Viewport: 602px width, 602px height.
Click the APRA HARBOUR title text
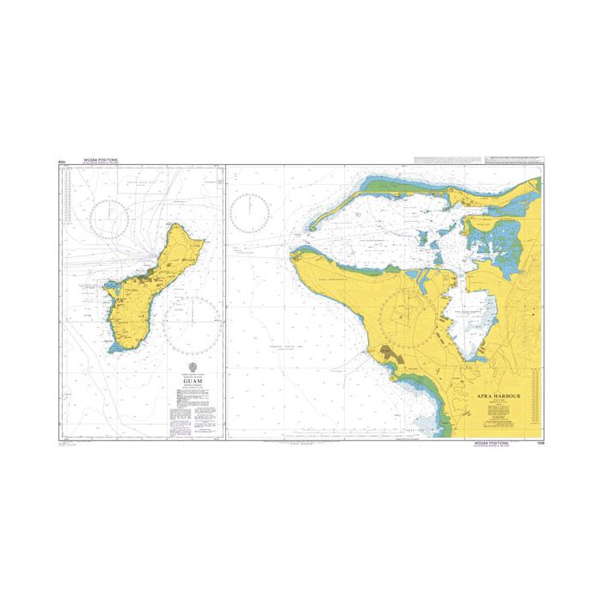(x=500, y=396)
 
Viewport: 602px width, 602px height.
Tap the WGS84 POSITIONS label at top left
(x=100, y=160)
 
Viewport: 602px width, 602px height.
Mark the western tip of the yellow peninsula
(x=295, y=255)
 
